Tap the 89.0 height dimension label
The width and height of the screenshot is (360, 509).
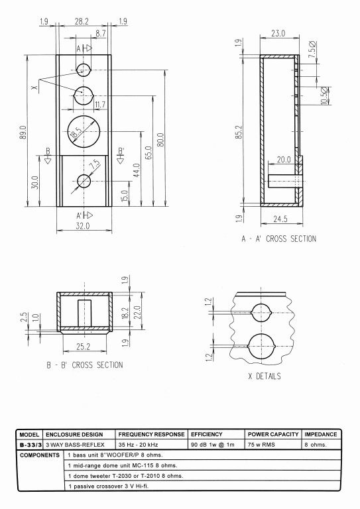(23, 133)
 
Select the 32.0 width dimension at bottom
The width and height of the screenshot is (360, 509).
(83, 225)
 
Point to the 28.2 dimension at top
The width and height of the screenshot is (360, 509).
(82, 21)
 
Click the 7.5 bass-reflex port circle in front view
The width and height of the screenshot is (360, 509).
(78, 181)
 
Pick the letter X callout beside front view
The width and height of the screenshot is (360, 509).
(35, 87)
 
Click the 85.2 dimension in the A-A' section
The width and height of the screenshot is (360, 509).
(238, 132)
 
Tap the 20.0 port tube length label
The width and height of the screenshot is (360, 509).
(284, 159)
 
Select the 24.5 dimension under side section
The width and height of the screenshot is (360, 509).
(280, 219)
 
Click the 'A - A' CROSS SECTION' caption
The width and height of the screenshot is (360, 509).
(279, 239)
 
